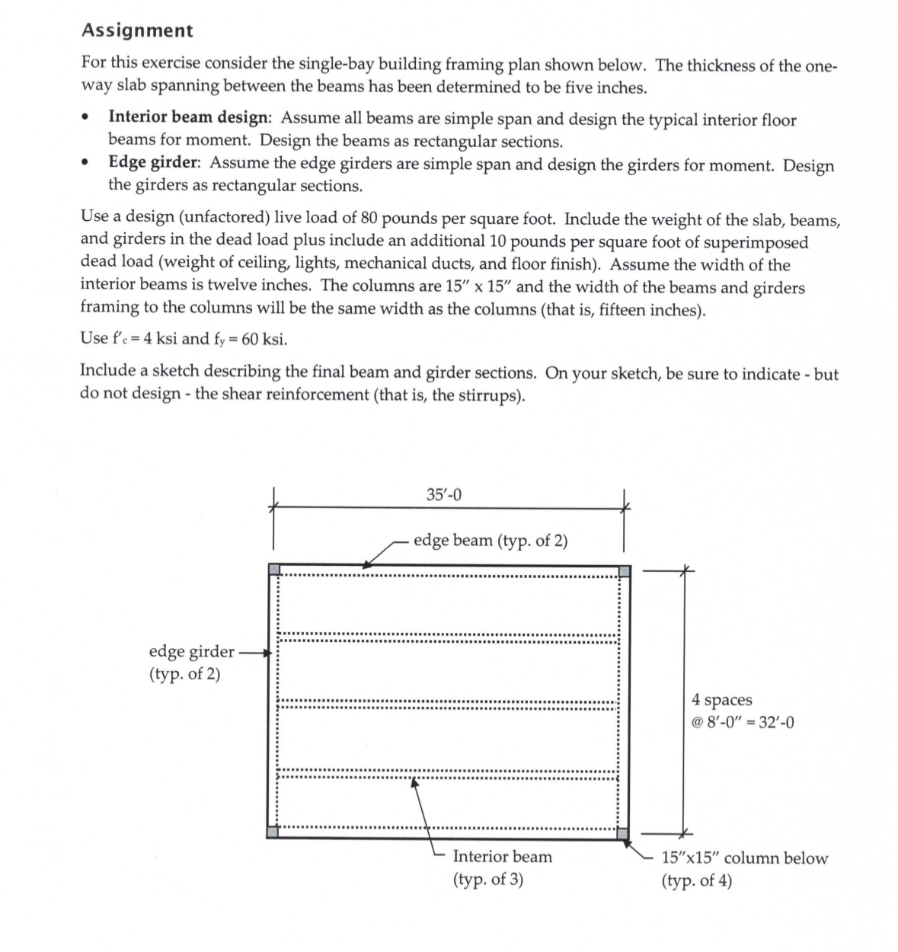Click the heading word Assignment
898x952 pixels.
(137, 31)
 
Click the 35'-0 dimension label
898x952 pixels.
(444, 496)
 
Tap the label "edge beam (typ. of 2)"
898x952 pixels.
(491, 541)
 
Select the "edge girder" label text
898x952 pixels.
(191, 652)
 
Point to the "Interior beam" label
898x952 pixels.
(503, 857)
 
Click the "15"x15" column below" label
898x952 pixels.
(744, 858)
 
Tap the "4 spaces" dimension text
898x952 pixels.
(721, 700)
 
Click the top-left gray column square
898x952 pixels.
(274, 570)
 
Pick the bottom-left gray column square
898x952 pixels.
(273, 832)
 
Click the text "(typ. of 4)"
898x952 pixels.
(697, 881)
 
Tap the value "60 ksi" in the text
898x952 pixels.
(264, 338)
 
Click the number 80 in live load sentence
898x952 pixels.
(369, 219)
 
